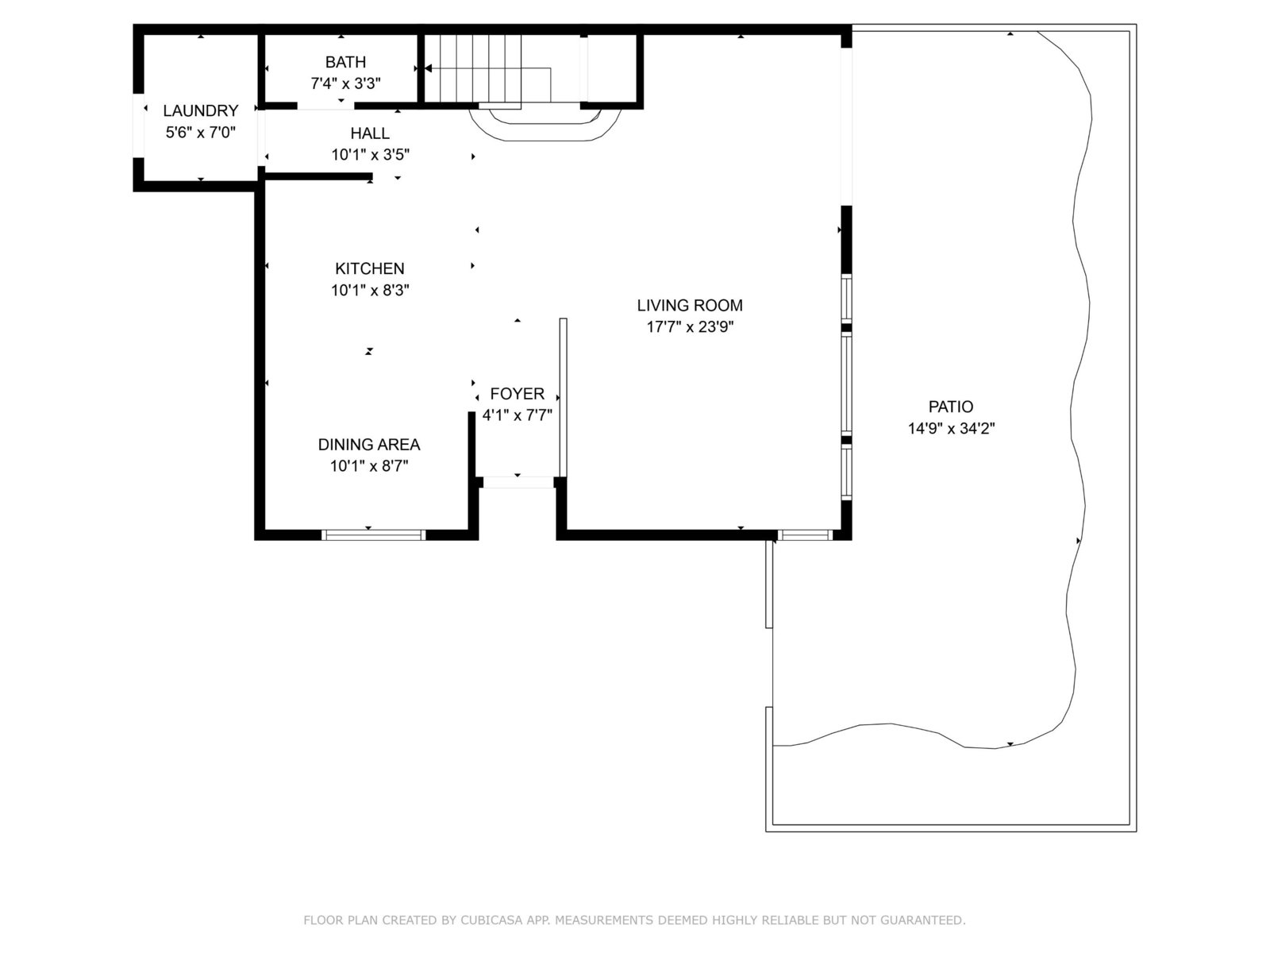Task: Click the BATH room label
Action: point(345,62)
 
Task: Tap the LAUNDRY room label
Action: point(201,110)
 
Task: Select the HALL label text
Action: point(370,133)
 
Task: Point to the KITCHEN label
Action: point(370,268)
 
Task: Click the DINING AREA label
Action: point(369,445)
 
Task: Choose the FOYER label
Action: point(518,393)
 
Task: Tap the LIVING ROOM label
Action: point(690,305)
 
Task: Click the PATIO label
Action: point(951,407)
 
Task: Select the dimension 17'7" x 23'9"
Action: point(690,327)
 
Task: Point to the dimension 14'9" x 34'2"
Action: point(951,429)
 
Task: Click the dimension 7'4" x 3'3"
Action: point(345,84)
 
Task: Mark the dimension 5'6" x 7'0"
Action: point(201,133)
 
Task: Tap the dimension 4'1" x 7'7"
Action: point(518,415)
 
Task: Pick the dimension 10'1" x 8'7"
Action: point(369,466)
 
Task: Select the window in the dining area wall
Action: point(374,535)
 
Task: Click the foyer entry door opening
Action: point(518,482)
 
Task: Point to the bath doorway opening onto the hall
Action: point(325,106)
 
